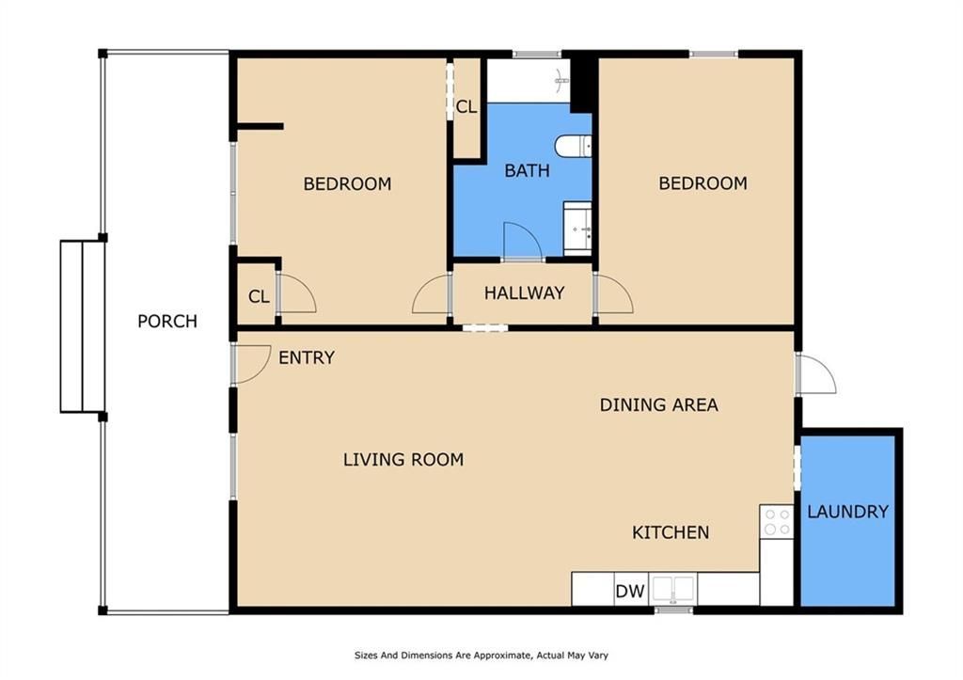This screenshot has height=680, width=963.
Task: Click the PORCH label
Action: [x=167, y=322]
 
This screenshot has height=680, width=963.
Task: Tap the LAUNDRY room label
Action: [x=847, y=512]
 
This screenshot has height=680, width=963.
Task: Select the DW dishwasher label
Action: [x=630, y=591]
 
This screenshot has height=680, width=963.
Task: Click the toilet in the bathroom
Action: [x=573, y=147]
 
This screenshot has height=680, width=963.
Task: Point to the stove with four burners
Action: [x=777, y=522]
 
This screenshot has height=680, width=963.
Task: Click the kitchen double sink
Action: [x=673, y=590]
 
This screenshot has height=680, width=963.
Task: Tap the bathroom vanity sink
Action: [x=577, y=229]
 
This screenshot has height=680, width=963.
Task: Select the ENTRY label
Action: [x=307, y=357]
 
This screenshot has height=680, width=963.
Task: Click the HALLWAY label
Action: [x=524, y=293]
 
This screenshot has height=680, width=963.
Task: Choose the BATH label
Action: [x=527, y=170]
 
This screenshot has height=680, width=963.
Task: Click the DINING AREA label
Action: [x=659, y=404]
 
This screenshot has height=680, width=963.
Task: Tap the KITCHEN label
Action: [x=671, y=532]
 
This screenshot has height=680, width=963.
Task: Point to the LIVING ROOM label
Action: [x=403, y=460]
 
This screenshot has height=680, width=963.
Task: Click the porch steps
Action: [x=83, y=326]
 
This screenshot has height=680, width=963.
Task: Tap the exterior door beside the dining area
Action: [x=815, y=373]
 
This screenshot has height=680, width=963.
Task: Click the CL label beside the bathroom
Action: [x=466, y=107]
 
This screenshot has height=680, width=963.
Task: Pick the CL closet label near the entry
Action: [x=259, y=296]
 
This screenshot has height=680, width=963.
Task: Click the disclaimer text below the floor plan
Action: [x=481, y=656]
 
